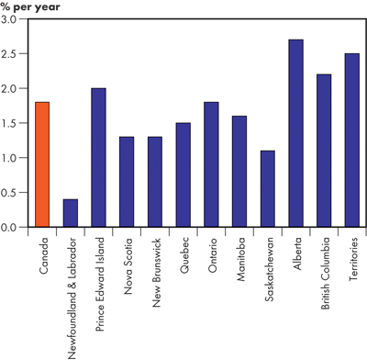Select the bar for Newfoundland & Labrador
click(70, 212)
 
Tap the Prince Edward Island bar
click(98, 157)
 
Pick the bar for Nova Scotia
click(127, 181)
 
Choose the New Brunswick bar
click(155, 181)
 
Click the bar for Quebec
click(183, 174)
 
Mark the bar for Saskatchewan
click(268, 188)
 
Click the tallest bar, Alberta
click(296, 133)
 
